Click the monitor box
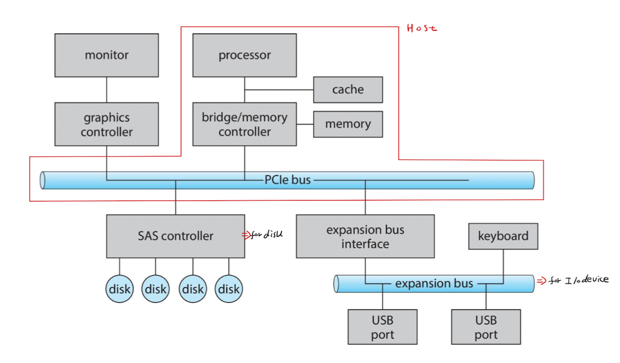click(x=107, y=55)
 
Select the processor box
click(x=245, y=55)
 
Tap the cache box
click(x=348, y=89)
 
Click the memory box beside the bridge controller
click(x=348, y=124)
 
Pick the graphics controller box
click(x=107, y=125)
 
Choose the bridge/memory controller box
click(x=245, y=125)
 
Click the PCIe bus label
click(x=288, y=180)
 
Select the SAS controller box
click(x=175, y=236)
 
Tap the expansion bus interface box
click(x=365, y=236)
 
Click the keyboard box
click(x=503, y=236)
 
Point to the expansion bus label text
click(x=434, y=283)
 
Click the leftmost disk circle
click(x=119, y=289)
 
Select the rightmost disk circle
click(x=229, y=289)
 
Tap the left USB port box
click(x=383, y=327)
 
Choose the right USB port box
click(x=486, y=327)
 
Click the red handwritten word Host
click(x=422, y=28)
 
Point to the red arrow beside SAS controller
click(x=246, y=235)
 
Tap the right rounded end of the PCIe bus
click(x=531, y=180)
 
